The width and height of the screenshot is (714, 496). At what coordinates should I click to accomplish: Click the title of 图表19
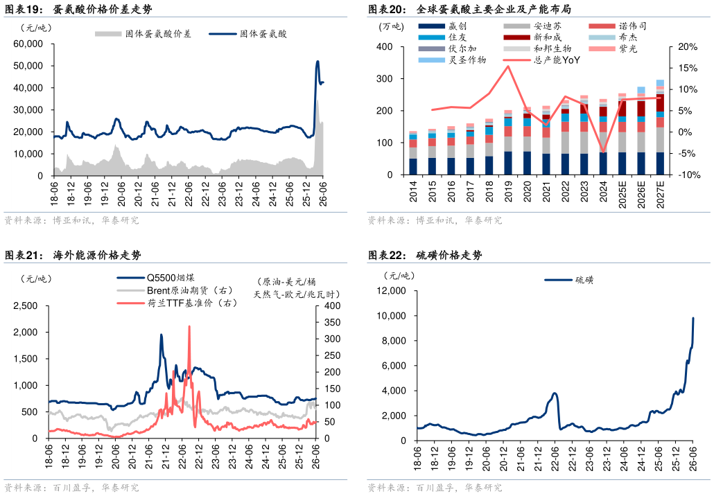coord(78,8)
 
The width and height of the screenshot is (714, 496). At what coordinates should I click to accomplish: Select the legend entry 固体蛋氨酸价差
coord(143,34)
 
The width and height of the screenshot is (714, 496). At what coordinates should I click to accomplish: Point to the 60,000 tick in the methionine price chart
coord(28,44)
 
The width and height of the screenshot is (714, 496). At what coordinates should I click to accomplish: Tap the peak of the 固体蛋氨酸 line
coord(317,62)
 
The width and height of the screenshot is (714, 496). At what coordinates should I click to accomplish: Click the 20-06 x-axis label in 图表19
coord(121,194)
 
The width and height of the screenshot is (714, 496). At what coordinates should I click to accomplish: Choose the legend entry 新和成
coord(533,37)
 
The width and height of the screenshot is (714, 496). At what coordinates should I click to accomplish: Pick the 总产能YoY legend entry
coord(541,60)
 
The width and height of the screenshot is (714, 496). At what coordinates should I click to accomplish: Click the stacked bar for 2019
coord(508,143)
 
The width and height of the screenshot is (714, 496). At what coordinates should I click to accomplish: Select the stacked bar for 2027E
coord(660,127)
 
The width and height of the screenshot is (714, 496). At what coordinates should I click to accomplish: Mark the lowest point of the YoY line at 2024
coord(603,152)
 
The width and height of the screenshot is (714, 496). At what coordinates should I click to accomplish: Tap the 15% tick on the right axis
coord(688,69)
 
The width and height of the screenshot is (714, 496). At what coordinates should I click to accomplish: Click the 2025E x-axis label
coord(622,194)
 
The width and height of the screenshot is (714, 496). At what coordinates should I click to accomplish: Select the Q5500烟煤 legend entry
coord(156,278)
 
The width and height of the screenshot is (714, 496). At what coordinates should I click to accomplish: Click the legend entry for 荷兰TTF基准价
coord(177,303)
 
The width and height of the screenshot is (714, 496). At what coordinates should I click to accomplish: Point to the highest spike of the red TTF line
coord(189,326)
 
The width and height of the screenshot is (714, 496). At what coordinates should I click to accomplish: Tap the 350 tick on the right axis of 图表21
coord(333,322)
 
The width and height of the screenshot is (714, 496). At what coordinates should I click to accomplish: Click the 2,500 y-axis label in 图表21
coord(26,305)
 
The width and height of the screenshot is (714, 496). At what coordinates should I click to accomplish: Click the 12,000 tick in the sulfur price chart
coord(391,290)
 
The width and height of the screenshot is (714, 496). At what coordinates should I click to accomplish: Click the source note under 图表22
coord(435,488)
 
